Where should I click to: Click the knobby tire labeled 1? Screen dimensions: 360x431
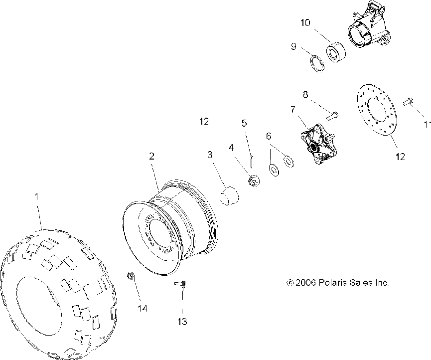point(60,294)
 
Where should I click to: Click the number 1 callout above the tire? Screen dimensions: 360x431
point(36,197)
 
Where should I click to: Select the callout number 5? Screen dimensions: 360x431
point(244,123)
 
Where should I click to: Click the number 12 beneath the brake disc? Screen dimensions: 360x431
point(400,157)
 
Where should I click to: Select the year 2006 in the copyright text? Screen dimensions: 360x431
point(304,283)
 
